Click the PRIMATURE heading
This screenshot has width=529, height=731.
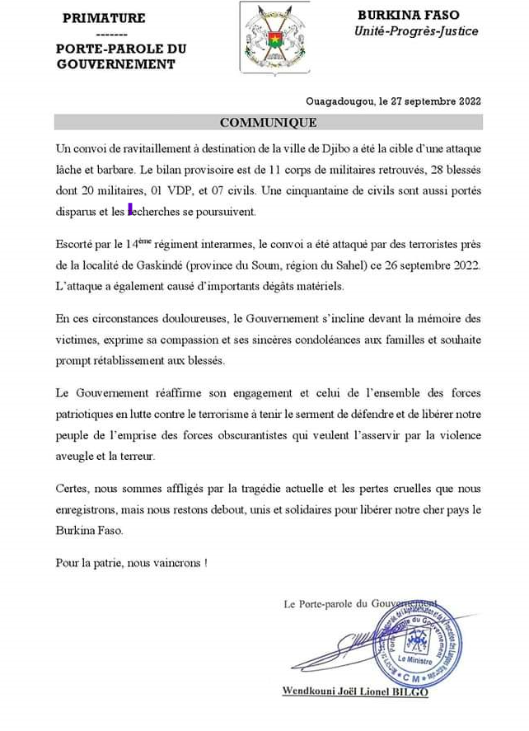tap(104, 17)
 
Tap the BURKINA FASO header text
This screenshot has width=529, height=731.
tap(410, 15)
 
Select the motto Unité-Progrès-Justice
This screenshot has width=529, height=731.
tap(416, 31)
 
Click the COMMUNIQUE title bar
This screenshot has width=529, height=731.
tap(268, 123)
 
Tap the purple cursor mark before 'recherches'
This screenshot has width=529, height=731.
tap(130, 210)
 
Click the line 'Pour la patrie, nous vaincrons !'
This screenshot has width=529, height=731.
tap(131, 564)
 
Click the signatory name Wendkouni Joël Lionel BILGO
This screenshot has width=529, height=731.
tap(355, 691)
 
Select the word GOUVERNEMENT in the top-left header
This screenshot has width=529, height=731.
tap(116, 64)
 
